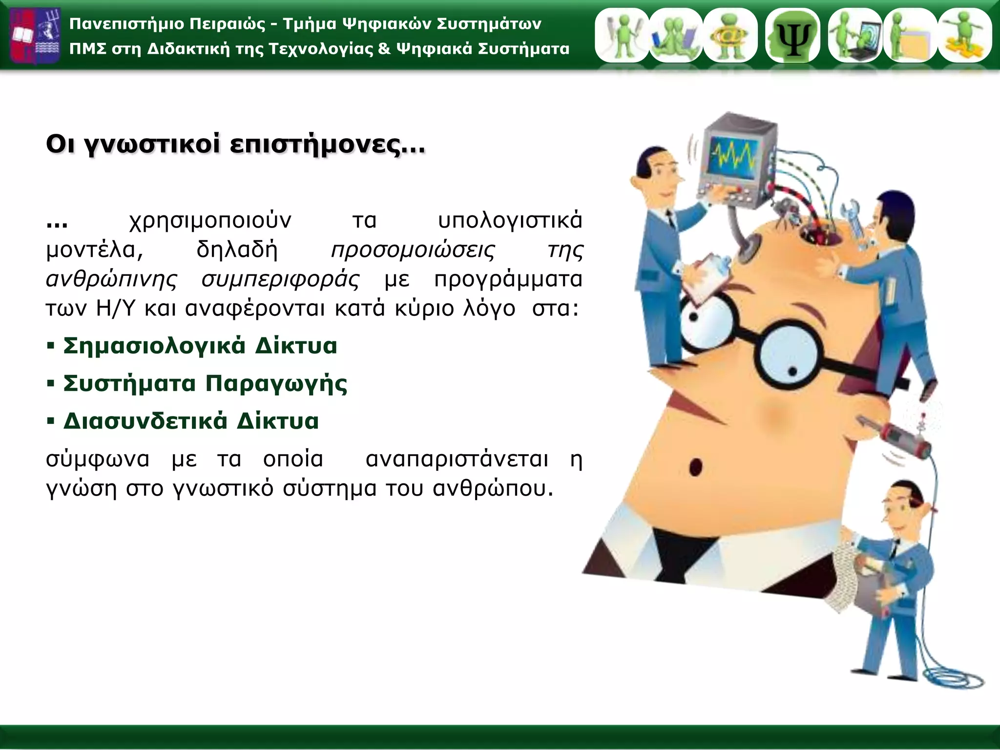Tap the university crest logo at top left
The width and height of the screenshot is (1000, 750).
coord(35,35)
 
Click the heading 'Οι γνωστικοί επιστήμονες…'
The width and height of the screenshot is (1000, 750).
coord(235,145)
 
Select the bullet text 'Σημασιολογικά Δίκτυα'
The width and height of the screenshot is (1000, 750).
coord(200,346)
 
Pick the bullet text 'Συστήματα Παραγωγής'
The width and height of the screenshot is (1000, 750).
coord(205,384)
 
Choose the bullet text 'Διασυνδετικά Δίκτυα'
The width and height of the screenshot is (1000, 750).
coord(191,421)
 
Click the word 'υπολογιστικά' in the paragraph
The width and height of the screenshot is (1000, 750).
coord(510,221)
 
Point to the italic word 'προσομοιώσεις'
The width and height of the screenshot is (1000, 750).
coord(413,250)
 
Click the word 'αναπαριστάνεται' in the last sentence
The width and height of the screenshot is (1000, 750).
coord(457,459)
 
